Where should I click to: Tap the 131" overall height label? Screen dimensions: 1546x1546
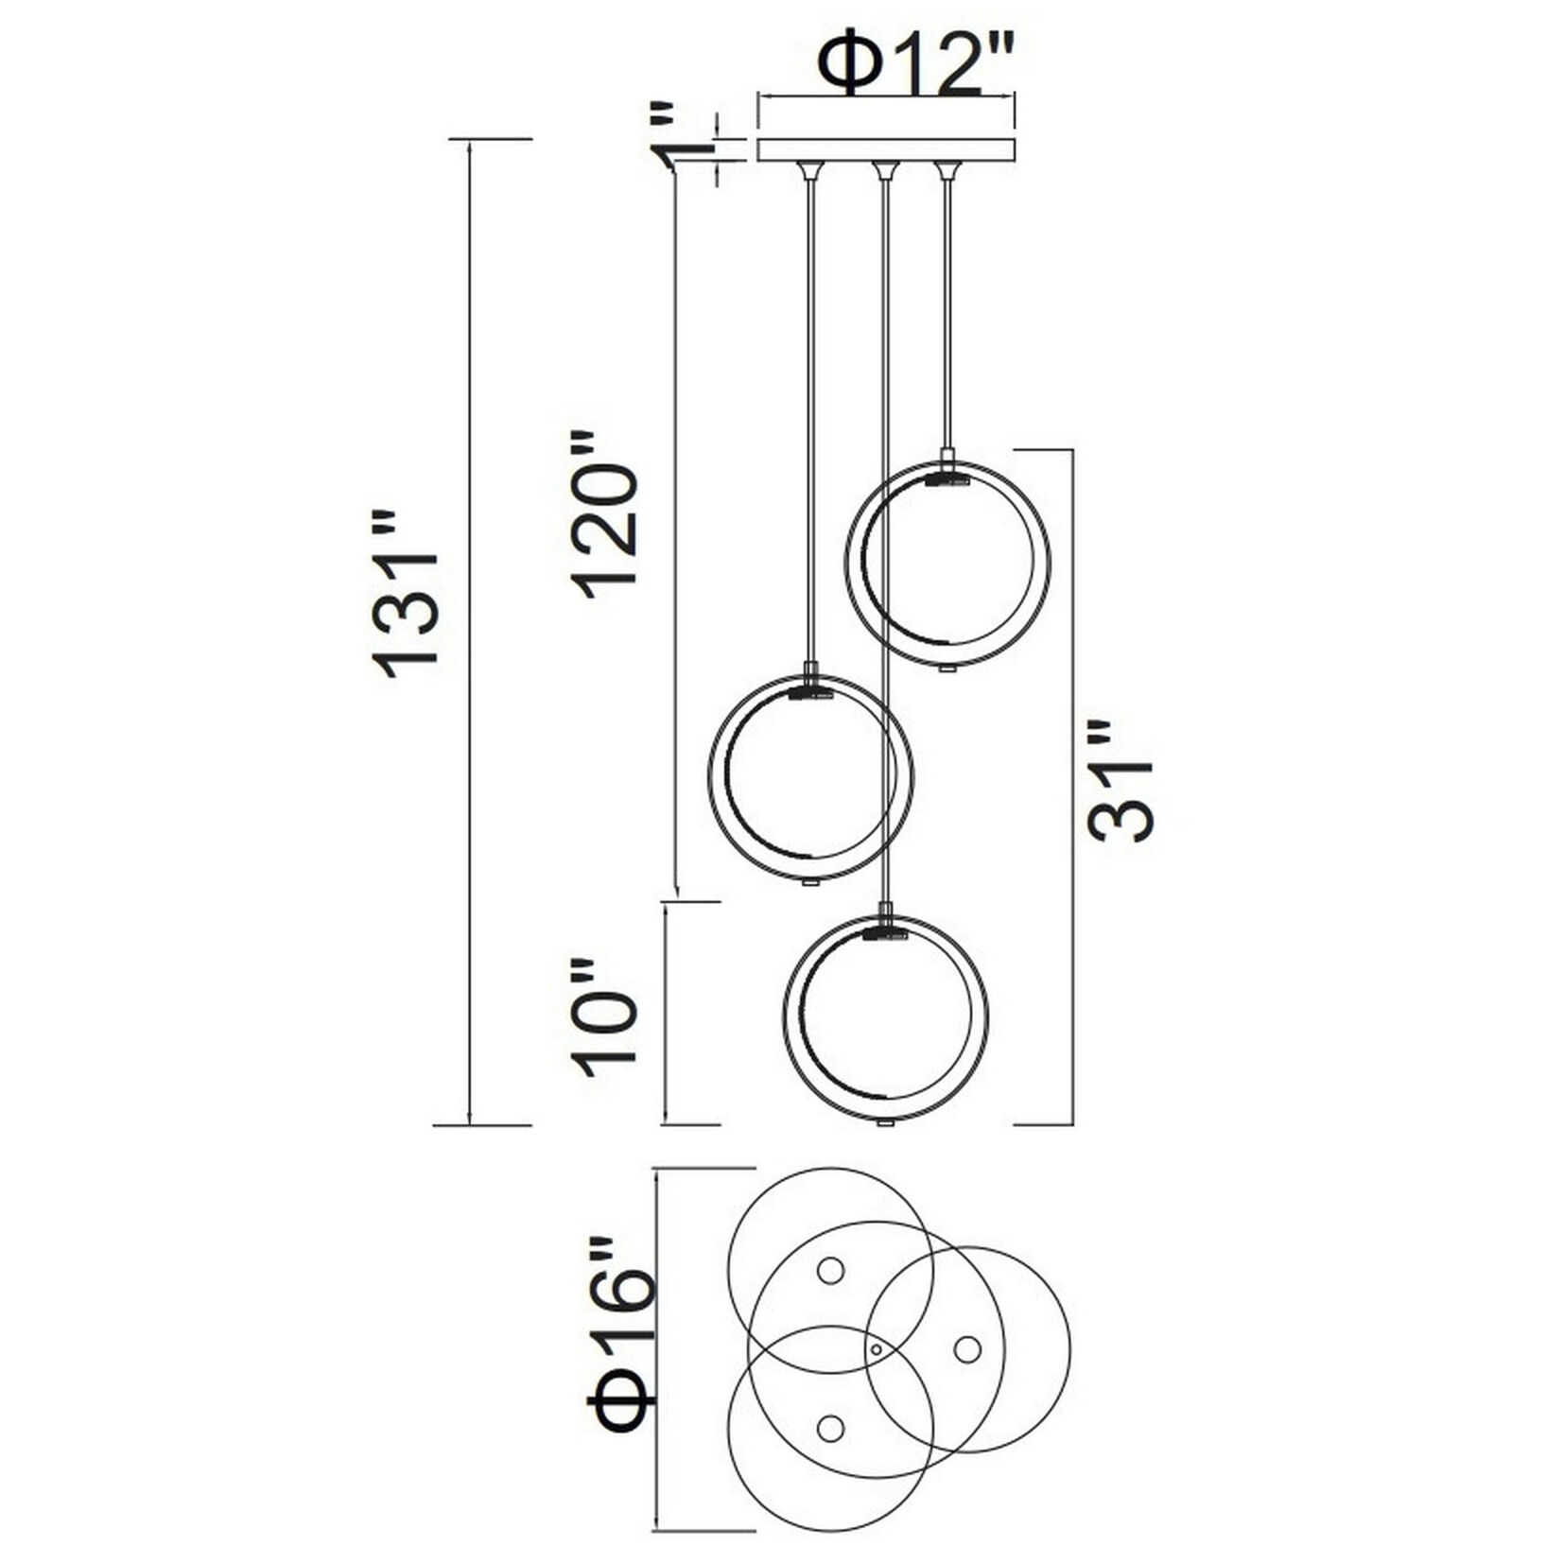coord(408,596)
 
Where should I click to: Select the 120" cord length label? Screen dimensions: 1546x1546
coord(609,514)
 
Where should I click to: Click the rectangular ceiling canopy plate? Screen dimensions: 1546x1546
coord(886,150)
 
